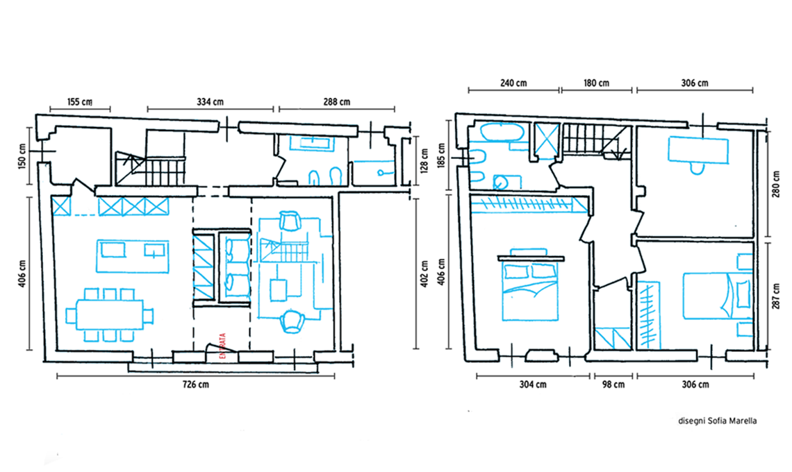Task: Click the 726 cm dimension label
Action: pos(195,385)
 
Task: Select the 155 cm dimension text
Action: pos(80,102)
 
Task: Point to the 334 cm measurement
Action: pos(210,102)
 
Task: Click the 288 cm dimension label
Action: pos(337,102)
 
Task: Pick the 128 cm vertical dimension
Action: pos(424,160)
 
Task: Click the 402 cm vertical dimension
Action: pos(424,273)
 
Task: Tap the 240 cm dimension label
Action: pos(513,83)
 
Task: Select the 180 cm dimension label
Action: pos(597,83)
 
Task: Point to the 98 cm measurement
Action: pos(613,385)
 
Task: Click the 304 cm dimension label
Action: pos(533,385)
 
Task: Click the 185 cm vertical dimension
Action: pos(441,156)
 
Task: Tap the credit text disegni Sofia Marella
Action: pos(717,421)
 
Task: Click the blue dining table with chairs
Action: pos(110,315)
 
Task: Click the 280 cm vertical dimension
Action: pos(776,184)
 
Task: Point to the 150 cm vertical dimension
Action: pos(22,156)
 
